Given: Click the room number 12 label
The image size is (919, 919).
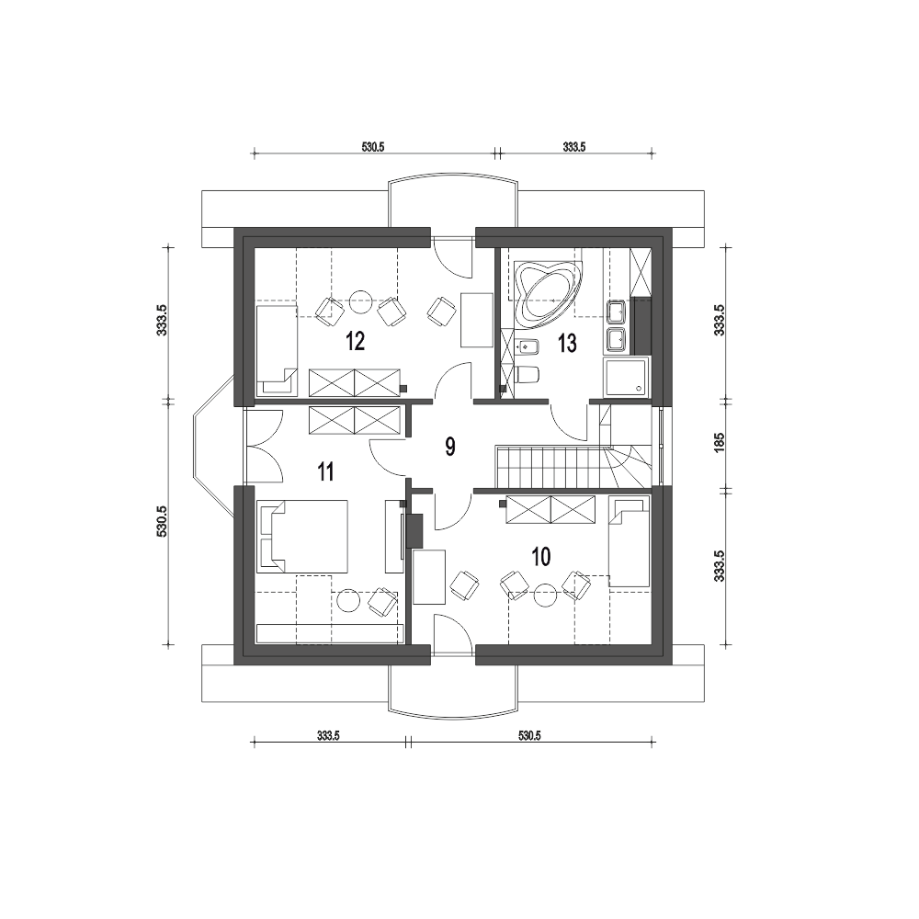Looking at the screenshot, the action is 355,341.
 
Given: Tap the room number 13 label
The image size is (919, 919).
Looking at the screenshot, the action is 567,344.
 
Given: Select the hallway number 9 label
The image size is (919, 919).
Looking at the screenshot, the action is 449,447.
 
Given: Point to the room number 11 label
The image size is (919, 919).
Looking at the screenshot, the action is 324,471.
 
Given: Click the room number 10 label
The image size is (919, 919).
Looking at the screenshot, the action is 541,557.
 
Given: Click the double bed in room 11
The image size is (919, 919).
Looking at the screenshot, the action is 302,537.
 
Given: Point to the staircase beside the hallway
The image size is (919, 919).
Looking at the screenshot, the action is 574,467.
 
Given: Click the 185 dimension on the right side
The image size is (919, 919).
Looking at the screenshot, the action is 720,441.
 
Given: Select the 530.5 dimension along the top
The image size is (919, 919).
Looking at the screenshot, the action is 373,147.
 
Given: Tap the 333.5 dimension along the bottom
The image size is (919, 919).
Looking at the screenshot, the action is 328,735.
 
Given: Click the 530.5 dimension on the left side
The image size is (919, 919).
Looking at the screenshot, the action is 163,522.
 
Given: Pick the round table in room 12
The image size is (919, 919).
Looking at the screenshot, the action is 361,301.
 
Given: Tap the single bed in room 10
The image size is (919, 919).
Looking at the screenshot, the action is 630,541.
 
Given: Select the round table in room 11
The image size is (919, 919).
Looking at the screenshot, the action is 347,601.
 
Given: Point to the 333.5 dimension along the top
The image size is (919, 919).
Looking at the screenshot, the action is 574,147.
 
